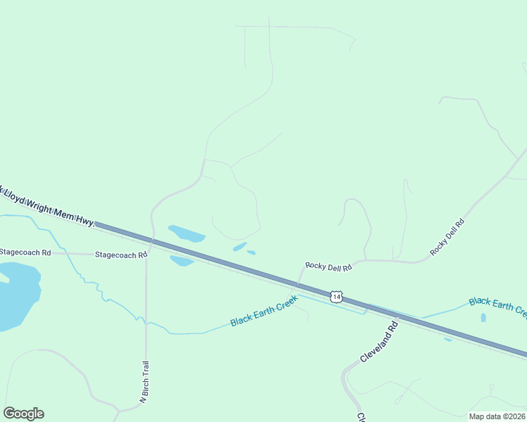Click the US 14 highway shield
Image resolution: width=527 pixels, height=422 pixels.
point(337,298)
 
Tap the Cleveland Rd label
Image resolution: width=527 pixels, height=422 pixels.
point(379,343)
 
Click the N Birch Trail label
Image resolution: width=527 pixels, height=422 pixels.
point(144,382)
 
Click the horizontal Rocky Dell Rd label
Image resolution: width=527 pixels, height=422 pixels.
point(328,266)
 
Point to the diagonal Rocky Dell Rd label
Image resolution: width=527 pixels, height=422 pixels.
point(448,237)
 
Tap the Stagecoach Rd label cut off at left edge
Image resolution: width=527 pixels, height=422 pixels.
point(25,252)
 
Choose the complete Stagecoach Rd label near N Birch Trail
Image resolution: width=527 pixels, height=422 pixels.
point(120,255)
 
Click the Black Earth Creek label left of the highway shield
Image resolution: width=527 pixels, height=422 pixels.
point(264,311)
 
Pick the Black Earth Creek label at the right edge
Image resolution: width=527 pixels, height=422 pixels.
point(497,305)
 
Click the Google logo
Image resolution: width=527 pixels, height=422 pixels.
point(23,414)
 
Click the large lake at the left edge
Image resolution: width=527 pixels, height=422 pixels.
point(15,295)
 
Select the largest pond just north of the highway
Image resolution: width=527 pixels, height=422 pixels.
point(186,234)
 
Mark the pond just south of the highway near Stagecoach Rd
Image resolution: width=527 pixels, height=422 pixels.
point(182,260)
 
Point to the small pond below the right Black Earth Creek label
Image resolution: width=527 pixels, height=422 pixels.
point(483,317)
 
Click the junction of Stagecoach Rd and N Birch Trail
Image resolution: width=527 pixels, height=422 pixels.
point(146,255)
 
